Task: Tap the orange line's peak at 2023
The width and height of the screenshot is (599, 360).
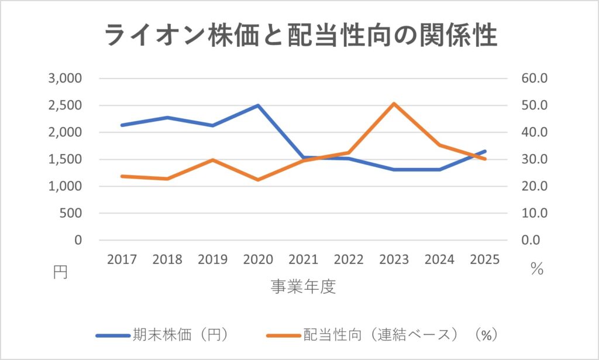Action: tap(394, 104)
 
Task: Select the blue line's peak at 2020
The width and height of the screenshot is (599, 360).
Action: tap(258, 105)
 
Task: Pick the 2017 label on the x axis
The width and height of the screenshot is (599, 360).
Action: tap(122, 259)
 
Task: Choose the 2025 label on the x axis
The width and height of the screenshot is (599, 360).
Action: tap(485, 259)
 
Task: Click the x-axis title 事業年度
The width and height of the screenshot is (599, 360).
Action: tap(303, 287)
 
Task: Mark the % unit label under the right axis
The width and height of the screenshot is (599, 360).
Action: tap(537, 270)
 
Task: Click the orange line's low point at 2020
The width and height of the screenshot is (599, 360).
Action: tap(258, 180)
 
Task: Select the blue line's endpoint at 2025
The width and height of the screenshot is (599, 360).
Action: tap(485, 151)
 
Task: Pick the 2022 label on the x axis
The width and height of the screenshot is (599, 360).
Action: tap(349, 259)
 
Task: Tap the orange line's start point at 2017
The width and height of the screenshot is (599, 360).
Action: tap(122, 176)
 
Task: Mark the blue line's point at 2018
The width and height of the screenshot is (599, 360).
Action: tap(167, 118)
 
